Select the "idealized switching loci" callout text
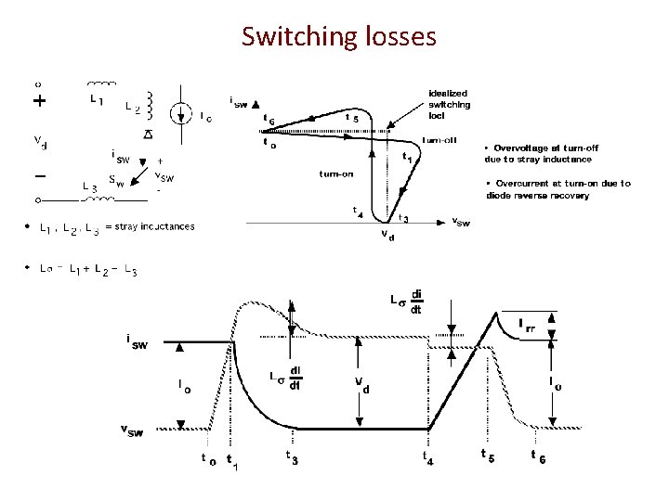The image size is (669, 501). (449, 104)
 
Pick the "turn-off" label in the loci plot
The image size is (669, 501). (436, 140)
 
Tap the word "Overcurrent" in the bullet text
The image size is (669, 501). (529, 184)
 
